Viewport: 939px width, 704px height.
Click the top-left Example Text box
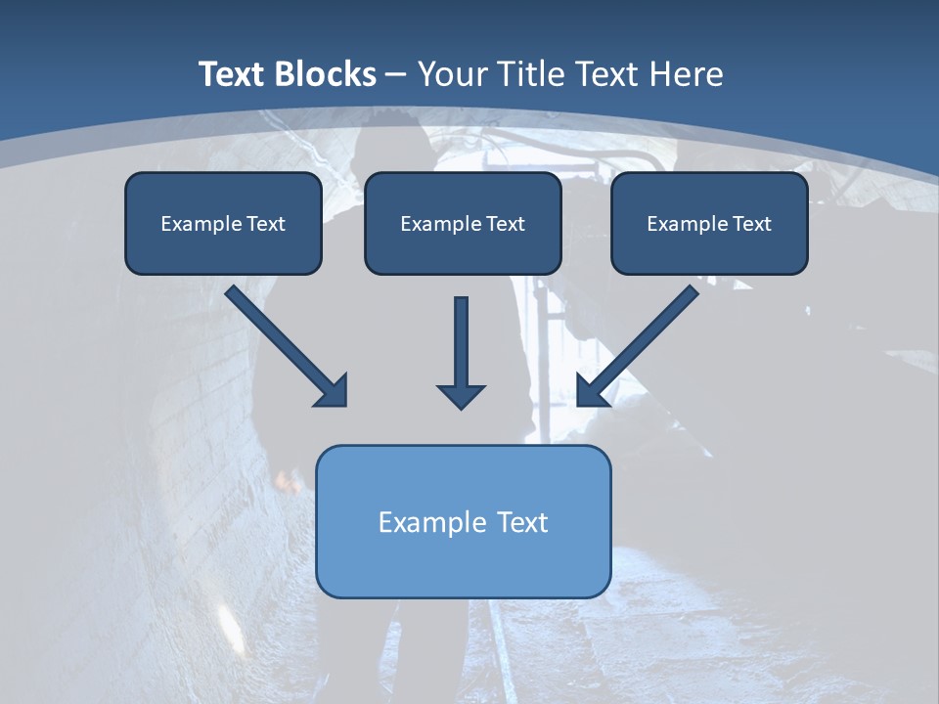coord(223,223)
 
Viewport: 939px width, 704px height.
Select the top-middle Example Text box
coord(463,223)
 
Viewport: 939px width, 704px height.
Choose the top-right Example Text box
coord(709,223)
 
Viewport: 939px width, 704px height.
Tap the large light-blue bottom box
coord(463,521)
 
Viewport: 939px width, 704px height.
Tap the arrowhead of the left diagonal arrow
coord(333,391)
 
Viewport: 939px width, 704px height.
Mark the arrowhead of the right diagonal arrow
coord(591,391)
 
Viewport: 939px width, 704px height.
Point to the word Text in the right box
coord(752,223)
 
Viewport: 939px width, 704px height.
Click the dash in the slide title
coord(396,74)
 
